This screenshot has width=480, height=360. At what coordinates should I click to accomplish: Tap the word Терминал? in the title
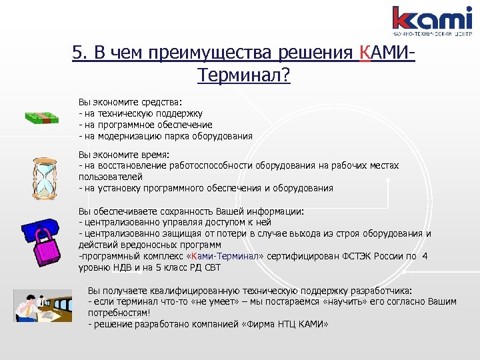tap(244, 75)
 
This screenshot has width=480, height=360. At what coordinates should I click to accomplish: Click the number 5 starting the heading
tap(77, 53)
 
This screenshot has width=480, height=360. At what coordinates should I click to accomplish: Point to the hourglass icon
tap(44, 176)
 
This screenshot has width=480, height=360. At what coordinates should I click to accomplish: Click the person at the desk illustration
tap(43, 305)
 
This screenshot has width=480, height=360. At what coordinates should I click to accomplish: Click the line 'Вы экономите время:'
tap(115, 154)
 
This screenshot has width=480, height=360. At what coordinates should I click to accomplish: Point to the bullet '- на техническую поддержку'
tap(141, 113)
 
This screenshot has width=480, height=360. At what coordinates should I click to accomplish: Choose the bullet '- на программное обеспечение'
tap(145, 125)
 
